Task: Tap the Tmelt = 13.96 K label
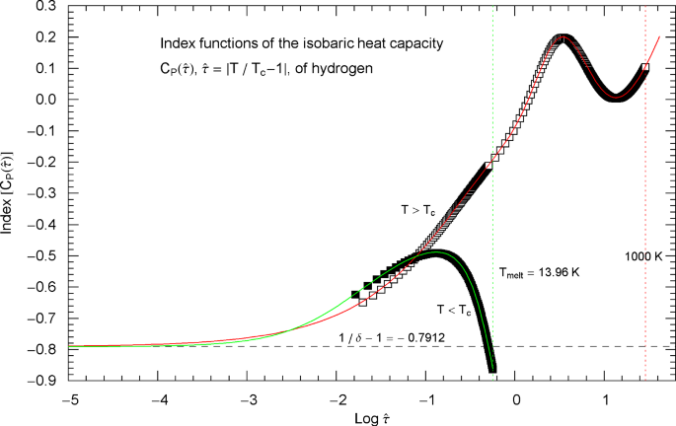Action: tap(538, 271)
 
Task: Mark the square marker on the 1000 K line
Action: tap(645, 68)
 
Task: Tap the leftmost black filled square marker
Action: tap(355, 295)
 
